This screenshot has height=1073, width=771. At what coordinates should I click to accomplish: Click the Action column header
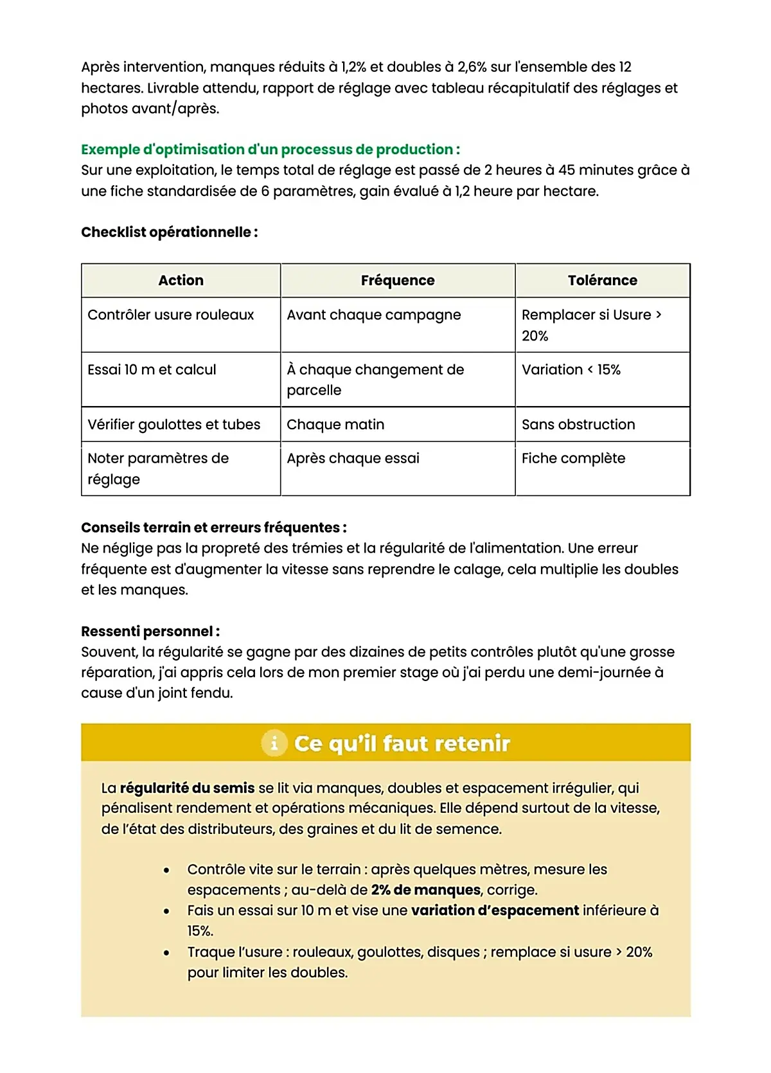click(x=181, y=280)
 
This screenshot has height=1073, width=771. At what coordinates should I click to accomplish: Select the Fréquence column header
click(x=397, y=280)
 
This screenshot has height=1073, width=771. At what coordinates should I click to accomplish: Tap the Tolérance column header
click(x=602, y=280)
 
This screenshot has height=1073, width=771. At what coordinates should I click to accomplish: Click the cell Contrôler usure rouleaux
click(x=171, y=315)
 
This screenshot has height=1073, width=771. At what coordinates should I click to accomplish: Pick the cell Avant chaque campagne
click(x=373, y=315)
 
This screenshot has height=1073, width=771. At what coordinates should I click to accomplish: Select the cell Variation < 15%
click(x=571, y=369)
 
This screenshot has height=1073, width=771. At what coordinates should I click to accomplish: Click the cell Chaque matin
click(x=335, y=425)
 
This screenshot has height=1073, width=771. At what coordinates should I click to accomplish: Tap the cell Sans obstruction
click(x=578, y=425)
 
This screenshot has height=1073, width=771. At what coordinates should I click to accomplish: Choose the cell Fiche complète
click(x=573, y=458)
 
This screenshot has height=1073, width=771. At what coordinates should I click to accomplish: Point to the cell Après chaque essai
click(x=353, y=458)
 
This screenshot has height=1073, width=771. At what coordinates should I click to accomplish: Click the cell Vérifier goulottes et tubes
click(x=173, y=425)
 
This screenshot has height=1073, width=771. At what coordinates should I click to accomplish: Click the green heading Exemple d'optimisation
click(x=270, y=150)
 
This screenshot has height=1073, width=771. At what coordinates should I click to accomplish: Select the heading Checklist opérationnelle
click(x=169, y=232)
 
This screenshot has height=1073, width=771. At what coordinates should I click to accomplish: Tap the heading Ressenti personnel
click(x=150, y=632)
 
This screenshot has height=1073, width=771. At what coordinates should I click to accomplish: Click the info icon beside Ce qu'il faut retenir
click(x=274, y=743)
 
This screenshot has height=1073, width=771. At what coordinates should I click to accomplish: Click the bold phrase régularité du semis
click(x=187, y=788)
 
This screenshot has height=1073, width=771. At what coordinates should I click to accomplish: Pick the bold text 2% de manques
click(x=425, y=890)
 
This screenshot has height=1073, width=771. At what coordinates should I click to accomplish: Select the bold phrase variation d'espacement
click(x=495, y=910)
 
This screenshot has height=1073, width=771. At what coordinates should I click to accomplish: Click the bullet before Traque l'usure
click(x=166, y=953)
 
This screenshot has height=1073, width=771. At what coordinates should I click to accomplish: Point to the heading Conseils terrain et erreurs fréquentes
click(x=213, y=528)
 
